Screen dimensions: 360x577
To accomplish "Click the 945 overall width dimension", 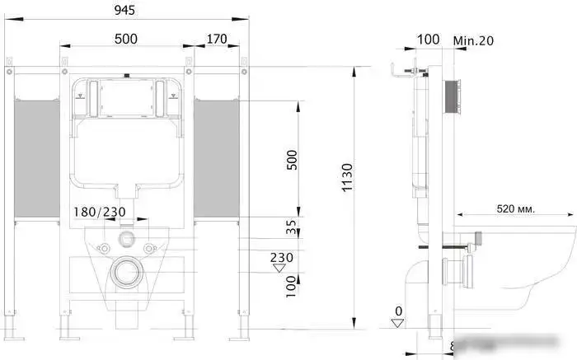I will [125, 10].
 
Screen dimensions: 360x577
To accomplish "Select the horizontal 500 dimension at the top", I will [126, 38].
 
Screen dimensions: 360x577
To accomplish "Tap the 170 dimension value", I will [217, 38].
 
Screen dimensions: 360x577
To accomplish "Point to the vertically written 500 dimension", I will [291, 160].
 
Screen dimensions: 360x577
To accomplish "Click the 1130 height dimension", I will [347, 177].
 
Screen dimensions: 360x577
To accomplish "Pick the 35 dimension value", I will [291, 226].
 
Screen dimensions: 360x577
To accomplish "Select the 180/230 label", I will [101, 213].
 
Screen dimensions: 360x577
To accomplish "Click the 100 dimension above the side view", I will [429, 40].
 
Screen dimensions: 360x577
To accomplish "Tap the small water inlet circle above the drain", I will [126, 240].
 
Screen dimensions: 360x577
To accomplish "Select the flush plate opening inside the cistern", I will [126, 97].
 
